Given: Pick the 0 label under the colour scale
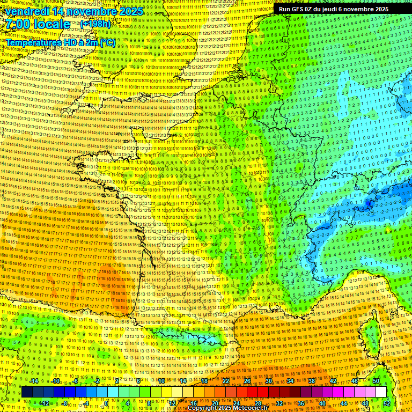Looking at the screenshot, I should (x=106, y=403).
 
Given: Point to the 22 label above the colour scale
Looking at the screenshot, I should (x=226, y=381).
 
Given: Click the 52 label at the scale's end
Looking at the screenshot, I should (x=387, y=403).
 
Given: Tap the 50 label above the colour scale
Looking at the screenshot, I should (x=376, y=381).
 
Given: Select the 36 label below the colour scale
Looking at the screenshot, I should (x=301, y=403).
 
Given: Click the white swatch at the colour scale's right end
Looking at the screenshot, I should (x=381, y=392).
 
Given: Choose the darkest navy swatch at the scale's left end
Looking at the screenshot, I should (x=27, y=392).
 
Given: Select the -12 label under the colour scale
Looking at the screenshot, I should (x=45, y=403).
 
